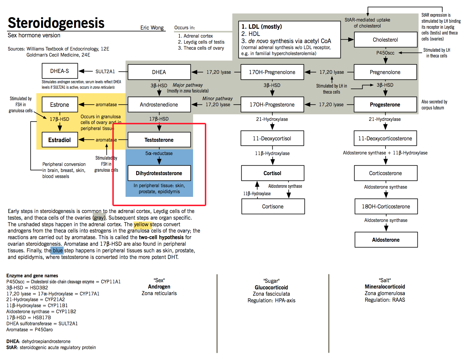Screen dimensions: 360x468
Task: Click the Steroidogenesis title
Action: click(56, 23)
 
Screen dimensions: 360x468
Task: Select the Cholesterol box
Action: click(385, 40)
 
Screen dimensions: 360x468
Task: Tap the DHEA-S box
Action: click(59, 71)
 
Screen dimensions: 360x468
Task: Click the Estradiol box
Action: click(59, 140)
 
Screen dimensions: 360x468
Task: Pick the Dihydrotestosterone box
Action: click(159, 173)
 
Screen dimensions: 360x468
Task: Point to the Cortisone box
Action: click(273, 206)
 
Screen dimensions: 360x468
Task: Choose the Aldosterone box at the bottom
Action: click(386, 240)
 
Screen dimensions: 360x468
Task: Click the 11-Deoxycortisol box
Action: click(272, 138)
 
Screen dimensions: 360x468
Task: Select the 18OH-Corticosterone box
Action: click(386, 206)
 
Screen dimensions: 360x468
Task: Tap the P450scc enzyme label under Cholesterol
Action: click(385, 53)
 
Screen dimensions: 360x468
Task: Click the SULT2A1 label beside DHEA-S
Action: click(105, 71)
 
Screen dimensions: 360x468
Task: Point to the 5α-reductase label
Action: click(159, 153)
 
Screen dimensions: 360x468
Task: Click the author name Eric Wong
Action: click(152, 28)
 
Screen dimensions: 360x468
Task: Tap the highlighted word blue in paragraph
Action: click(57, 251)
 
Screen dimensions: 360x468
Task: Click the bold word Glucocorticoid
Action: click(271, 287)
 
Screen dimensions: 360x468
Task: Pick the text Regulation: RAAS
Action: click(385, 300)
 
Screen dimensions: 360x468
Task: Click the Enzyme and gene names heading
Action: click(32, 276)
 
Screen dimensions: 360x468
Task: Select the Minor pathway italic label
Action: click(217, 98)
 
